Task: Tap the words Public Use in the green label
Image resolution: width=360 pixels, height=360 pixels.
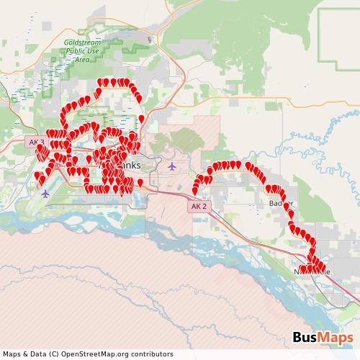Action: click(x=81, y=51)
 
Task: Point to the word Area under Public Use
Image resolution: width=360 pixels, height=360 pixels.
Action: click(x=82, y=59)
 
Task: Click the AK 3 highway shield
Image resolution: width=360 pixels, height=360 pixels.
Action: click(x=36, y=143)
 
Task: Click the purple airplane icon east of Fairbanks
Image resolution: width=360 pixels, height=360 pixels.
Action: click(x=171, y=166)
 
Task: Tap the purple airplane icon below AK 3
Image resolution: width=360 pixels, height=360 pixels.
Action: click(x=46, y=192)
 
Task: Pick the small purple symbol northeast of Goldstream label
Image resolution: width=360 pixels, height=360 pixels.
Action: click(x=149, y=40)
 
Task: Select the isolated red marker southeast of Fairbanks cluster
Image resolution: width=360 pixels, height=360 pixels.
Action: click(x=140, y=182)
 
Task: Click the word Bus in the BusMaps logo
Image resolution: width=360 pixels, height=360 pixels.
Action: click(x=307, y=338)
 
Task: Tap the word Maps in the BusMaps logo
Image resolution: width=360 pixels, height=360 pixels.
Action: click(x=336, y=338)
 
